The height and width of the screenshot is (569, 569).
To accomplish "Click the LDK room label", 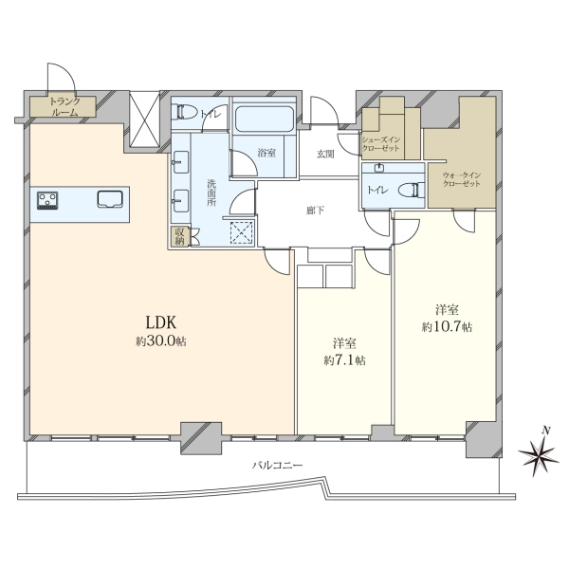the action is pyautogui.click(x=161, y=321).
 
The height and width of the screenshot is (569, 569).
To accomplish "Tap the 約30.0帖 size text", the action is pyautogui.click(x=161, y=341).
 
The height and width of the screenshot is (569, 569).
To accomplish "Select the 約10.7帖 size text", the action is pyautogui.click(x=447, y=327).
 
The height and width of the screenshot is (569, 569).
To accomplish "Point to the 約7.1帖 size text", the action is pyautogui.click(x=344, y=360).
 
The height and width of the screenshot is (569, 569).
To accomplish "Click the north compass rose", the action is pyautogui.click(x=539, y=451).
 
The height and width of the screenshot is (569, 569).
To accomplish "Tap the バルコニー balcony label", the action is pyautogui.click(x=277, y=466).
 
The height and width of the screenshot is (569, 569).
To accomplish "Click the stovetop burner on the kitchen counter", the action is pyautogui.click(x=47, y=201).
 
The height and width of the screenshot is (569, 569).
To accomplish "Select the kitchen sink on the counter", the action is pyautogui.click(x=110, y=199).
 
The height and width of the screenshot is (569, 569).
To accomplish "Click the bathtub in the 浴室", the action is pyautogui.click(x=265, y=119).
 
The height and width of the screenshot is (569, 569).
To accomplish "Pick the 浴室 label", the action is pyautogui.click(x=266, y=153).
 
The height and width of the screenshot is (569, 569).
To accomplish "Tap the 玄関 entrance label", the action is pyautogui.click(x=325, y=155).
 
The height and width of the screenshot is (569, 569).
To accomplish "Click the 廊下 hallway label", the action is pyautogui.click(x=315, y=211).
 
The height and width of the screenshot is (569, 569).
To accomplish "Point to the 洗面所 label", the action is pyautogui.click(x=211, y=193).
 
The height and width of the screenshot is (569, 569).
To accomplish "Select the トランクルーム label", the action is pyautogui.click(x=64, y=106).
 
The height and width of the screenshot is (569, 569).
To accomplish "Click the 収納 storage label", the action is pyautogui.click(x=180, y=236).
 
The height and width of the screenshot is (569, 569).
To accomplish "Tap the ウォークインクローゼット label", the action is pyautogui.click(x=461, y=179).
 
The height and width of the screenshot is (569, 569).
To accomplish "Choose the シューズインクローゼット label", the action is pyautogui.click(x=380, y=144).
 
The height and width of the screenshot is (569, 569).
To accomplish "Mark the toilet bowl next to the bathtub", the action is pyautogui.click(x=186, y=112).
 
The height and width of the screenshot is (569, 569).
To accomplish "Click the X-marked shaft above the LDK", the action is pyautogui.click(x=145, y=119).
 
